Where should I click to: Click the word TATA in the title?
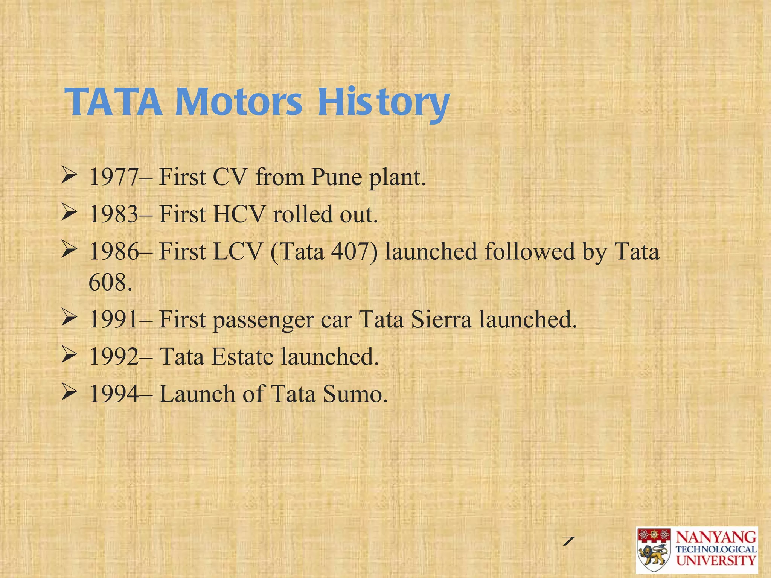(114, 102)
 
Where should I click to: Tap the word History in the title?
(383, 102)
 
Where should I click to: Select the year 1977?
(114, 177)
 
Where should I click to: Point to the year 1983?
(114, 214)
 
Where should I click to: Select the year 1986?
(114, 251)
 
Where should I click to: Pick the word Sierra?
(441, 319)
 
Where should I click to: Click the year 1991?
(114, 319)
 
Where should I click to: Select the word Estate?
(242, 357)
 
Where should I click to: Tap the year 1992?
(114, 357)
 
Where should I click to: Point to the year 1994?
(114, 394)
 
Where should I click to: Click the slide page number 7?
(568, 541)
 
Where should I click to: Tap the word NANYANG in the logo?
(716, 537)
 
